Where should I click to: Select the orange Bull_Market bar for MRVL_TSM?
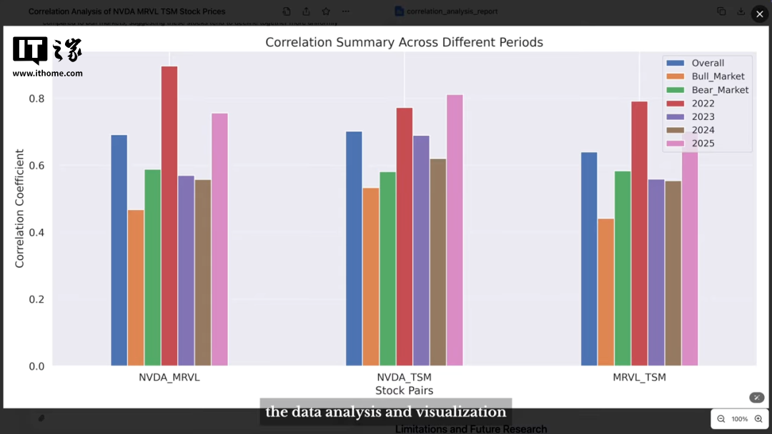(605, 292)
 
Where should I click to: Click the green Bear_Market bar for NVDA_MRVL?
(153, 268)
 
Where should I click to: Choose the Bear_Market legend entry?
(719, 90)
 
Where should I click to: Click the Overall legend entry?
(707, 63)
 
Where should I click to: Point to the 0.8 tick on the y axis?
(36, 99)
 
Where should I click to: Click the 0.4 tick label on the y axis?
(36, 233)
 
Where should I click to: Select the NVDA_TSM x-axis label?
(404, 377)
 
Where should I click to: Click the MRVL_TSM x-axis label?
(639, 377)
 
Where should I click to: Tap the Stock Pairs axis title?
(404, 390)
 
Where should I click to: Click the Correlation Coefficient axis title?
(19, 208)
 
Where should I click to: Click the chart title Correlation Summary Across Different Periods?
(404, 42)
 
